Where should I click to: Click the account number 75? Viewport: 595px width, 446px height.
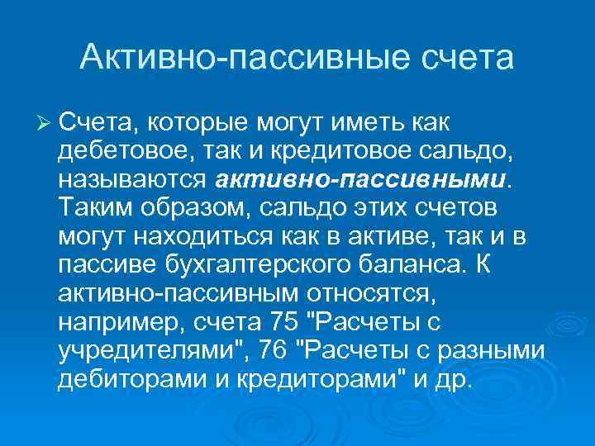(279, 322)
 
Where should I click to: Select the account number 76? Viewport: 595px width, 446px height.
(272, 350)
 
